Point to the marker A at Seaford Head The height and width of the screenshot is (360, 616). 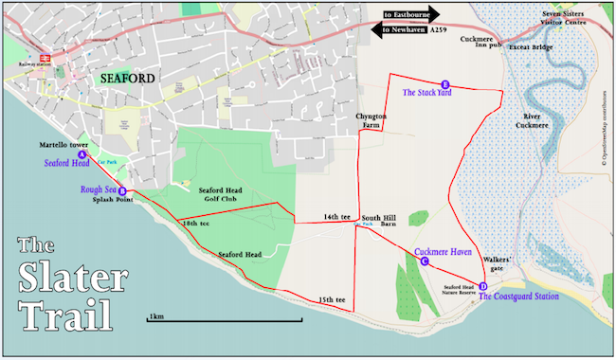pos(82,153)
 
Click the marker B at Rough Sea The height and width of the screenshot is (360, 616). pos(121,190)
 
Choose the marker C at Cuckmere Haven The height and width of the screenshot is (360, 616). pos(424,261)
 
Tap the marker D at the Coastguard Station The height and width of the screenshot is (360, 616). pos(482,286)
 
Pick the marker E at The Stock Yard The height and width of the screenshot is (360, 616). pos(444,84)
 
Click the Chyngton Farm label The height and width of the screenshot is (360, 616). pos(372,119)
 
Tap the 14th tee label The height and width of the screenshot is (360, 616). pos(336,216)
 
